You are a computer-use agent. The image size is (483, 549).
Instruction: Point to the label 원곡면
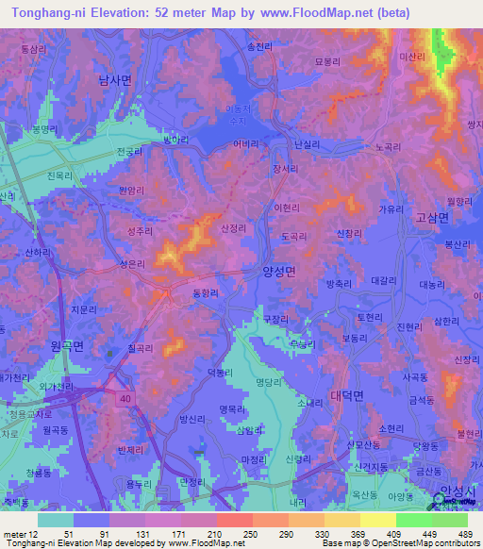point(67,346)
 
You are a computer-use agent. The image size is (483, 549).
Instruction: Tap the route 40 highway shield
point(124,399)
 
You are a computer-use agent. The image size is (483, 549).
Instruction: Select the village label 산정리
point(232,228)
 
